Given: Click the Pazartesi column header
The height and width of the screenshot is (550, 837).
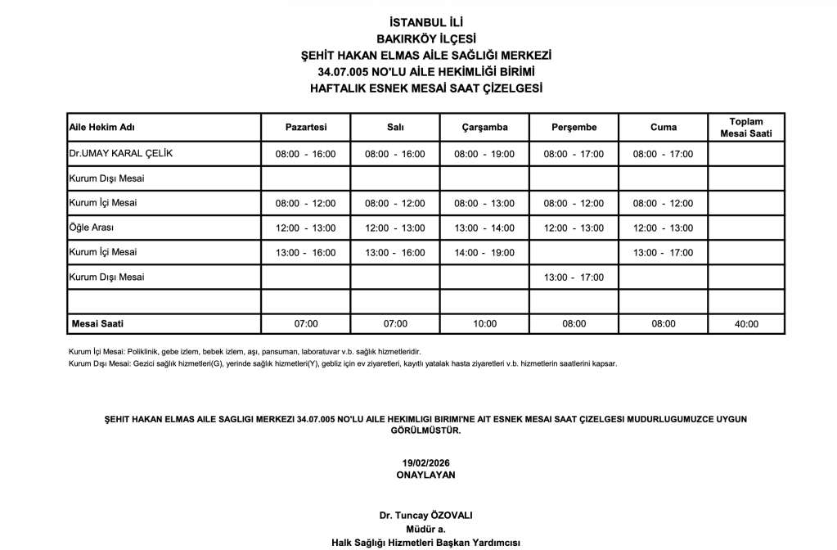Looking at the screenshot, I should pos(305,128).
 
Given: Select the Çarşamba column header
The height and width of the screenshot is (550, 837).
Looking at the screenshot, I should pos(484,128).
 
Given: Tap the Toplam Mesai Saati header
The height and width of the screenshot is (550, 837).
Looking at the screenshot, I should pos(745,128).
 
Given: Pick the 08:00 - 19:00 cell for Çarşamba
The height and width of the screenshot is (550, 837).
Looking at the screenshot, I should pos(484,154).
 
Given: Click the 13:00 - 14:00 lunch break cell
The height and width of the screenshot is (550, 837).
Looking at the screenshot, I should pos(484,228).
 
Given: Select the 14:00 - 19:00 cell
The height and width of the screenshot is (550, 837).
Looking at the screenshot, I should pos(484,253).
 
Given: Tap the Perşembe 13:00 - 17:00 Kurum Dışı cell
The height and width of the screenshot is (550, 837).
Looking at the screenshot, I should pos(574,277).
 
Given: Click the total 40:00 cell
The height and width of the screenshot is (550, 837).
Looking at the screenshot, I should pos(745,324).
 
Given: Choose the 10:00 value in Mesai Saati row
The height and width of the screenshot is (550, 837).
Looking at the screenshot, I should pos(484,324).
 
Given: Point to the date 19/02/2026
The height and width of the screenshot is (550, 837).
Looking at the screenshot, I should pos(425,463).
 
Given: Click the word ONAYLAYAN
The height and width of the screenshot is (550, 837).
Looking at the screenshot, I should pos(425,474).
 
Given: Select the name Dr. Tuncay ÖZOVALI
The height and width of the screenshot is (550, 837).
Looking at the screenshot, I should pos(425,516).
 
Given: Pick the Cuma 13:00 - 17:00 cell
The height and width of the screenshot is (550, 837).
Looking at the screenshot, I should pos(663,253).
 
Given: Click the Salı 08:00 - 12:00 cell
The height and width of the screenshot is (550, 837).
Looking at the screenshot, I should pos(394,204).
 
